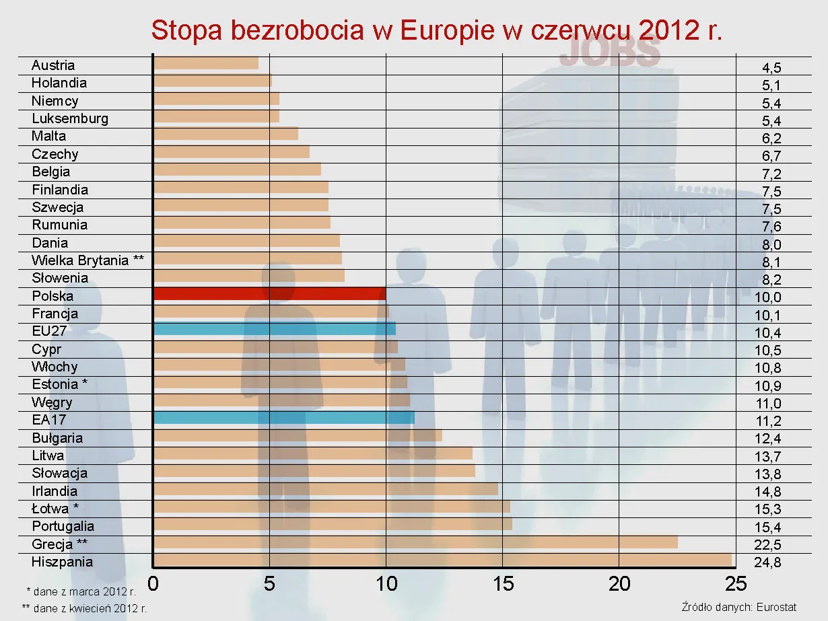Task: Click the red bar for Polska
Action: [269, 294]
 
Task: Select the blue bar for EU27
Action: [275, 329]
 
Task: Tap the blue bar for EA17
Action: [283, 418]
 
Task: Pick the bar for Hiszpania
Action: [442, 560]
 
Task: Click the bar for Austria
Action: [206, 63]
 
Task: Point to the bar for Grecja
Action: [415, 542]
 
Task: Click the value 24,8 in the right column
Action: [767, 562]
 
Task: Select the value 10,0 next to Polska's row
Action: [767, 297]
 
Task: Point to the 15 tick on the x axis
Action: [503, 583]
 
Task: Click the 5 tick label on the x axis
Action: [269, 583]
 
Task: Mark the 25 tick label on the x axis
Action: [736, 583]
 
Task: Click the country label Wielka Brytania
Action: [88, 260]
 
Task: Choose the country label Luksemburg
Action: [70, 118]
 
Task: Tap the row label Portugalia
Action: [63, 526]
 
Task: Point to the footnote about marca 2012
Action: [81, 592]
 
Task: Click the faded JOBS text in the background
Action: [610, 52]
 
